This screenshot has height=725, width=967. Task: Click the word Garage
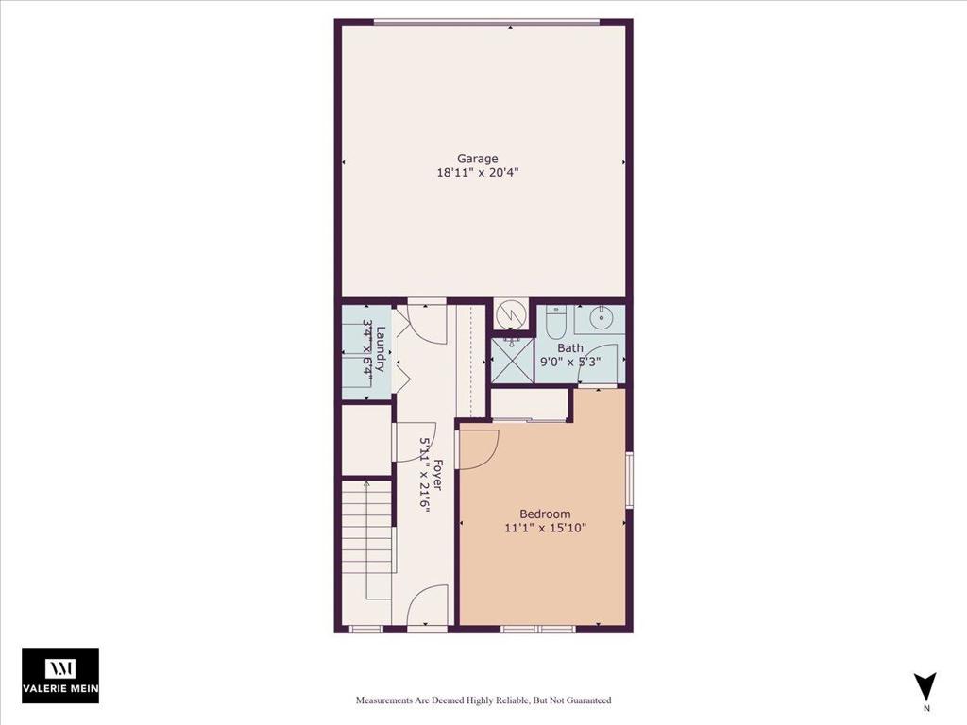point(477,159)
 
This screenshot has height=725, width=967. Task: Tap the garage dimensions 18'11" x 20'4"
point(477,174)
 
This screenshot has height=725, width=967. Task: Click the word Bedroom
point(545,514)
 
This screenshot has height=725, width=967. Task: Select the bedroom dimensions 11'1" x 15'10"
point(545,529)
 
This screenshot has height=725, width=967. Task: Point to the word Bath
point(569,348)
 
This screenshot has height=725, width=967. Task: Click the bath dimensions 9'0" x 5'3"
point(570,362)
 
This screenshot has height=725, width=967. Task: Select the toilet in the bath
point(555,323)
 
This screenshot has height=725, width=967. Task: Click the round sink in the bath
point(600,318)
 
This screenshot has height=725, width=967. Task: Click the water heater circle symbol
point(510,315)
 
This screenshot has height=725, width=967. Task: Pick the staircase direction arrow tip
point(367,484)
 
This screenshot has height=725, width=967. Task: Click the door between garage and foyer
point(428,321)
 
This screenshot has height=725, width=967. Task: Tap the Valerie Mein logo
point(60,675)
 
